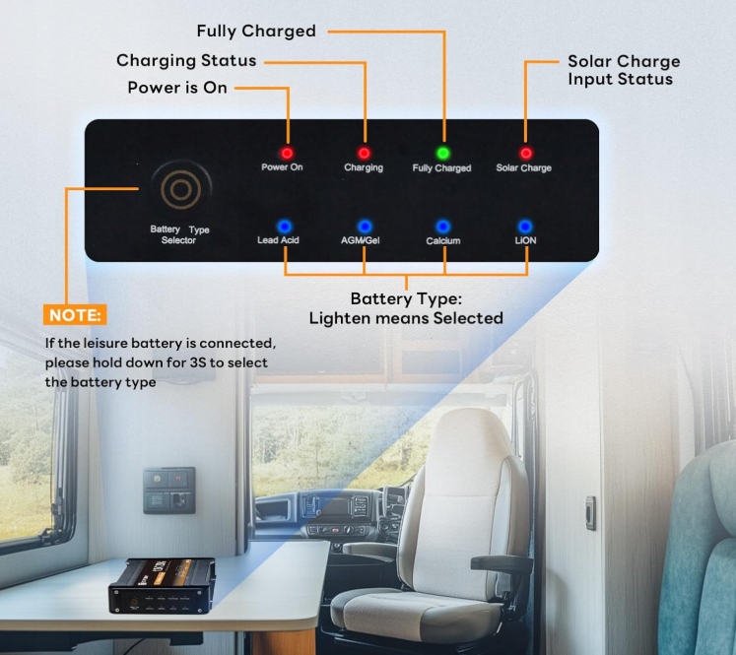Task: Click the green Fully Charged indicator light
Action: click(442, 153)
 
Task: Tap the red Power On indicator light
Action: click(288, 153)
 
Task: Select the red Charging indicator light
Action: click(364, 153)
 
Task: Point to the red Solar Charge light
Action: click(525, 153)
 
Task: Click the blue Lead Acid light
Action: click(284, 226)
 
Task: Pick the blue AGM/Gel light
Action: click(364, 226)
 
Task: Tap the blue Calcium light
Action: click(443, 226)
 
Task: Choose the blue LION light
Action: click(525, 226)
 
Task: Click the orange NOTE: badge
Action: click(75, 315)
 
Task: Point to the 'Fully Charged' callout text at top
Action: click(256, 32)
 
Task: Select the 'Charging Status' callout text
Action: click(186, 60)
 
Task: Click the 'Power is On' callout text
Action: click(177, 88)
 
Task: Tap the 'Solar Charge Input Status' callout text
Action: click(623, 70)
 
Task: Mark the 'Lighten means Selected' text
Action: click(406, 317)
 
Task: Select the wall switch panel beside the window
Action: click(168, 490)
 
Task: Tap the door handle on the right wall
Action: click(590, 512)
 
